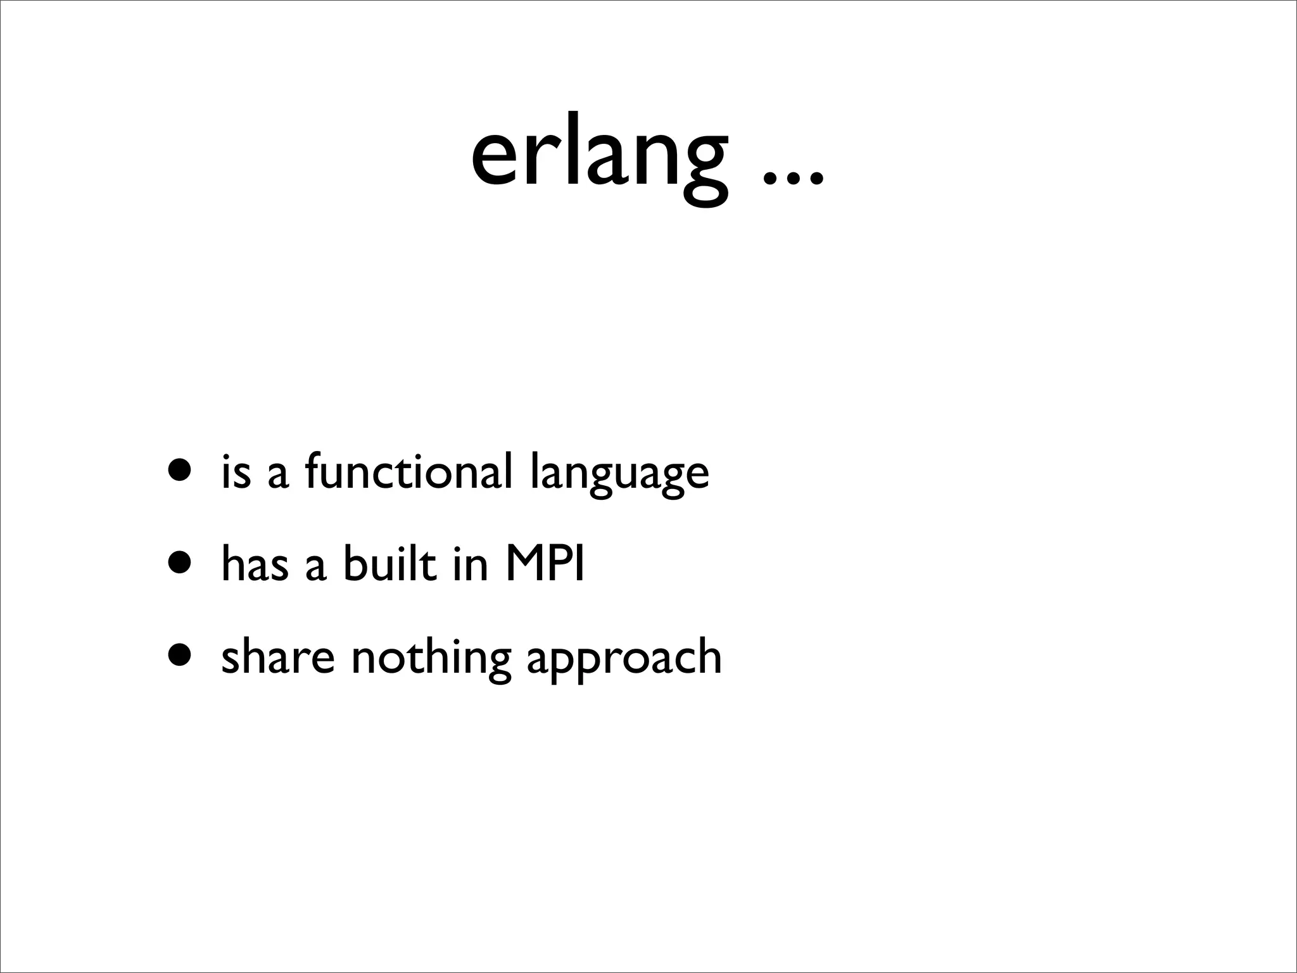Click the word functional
coord(408,472)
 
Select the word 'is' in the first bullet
coord(236,472)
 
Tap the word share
coord(277,657)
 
